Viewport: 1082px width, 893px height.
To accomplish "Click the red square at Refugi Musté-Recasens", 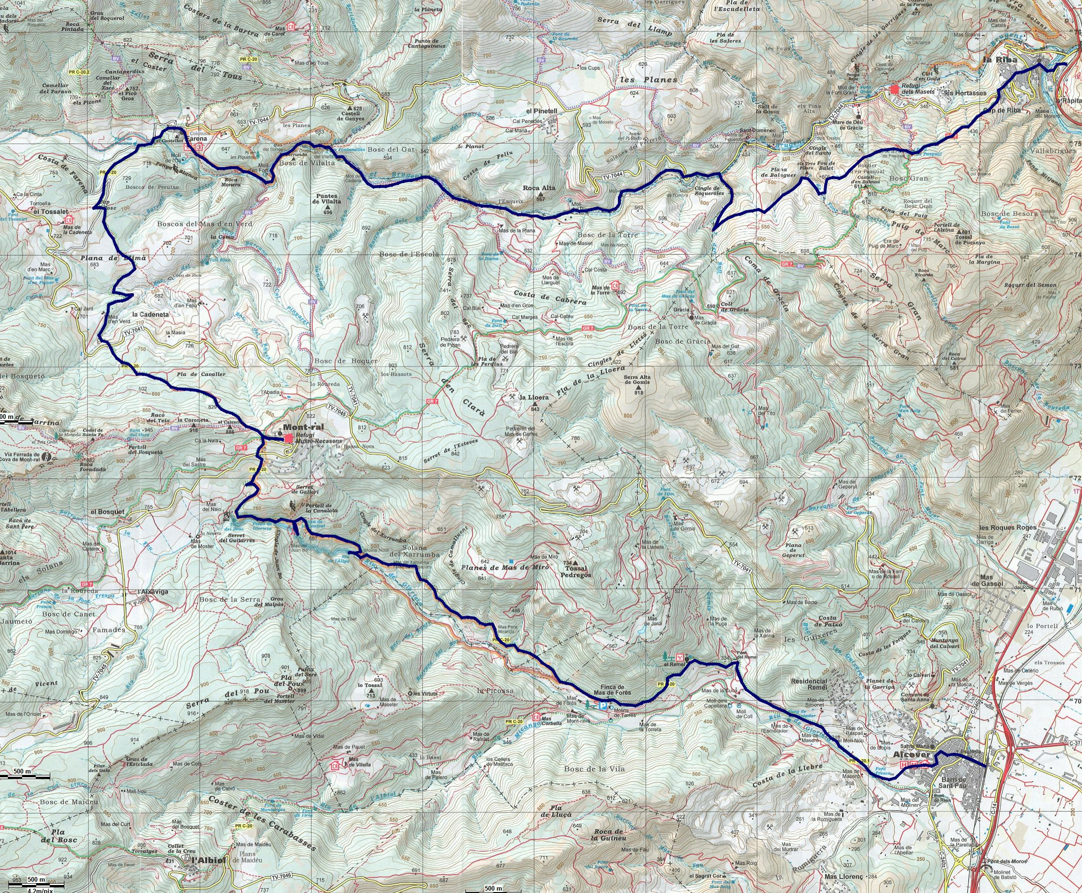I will tap(289, 438).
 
